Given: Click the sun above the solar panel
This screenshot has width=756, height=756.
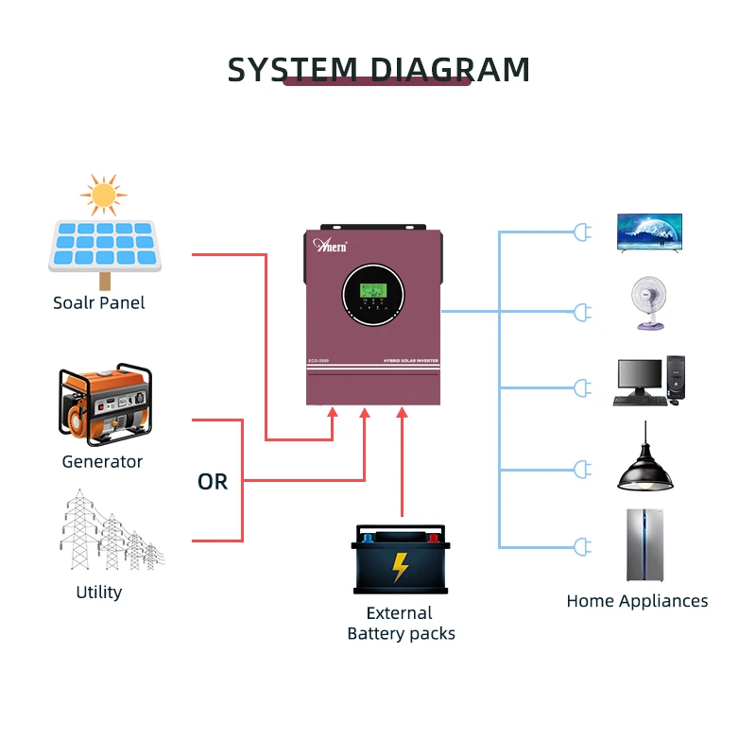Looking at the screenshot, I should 103,195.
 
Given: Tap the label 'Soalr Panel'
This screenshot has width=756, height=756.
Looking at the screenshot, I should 99,303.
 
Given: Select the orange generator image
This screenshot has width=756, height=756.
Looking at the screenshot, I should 105,406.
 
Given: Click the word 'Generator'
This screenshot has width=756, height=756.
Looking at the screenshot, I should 102,462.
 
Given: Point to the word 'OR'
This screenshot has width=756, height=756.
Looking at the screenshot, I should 213,482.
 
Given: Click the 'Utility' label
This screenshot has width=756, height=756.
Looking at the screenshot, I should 99,593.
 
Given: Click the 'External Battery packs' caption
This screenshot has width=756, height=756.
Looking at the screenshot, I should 401,624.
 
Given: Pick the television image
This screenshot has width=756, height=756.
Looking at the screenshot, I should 649,232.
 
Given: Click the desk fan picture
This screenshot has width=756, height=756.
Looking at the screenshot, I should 649,302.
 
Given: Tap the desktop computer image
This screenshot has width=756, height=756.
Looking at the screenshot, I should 649,382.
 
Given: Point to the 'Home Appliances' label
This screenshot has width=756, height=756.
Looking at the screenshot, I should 637,601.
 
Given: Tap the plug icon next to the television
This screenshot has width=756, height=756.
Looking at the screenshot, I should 582,232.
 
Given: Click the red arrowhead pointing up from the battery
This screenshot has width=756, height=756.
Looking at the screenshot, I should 402,412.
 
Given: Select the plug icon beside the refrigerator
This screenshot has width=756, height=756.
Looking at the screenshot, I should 582,546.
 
